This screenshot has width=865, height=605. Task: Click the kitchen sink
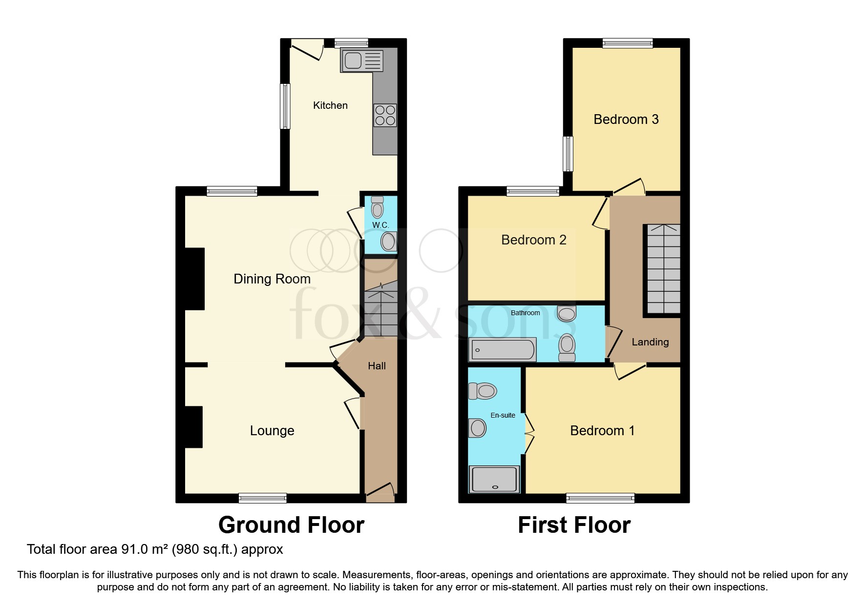(362, 61)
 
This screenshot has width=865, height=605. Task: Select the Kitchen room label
(330, 105)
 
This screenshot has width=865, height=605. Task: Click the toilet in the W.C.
(377, 208)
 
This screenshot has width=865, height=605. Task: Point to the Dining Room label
(272, 279)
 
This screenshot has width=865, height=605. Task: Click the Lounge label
(272, 431)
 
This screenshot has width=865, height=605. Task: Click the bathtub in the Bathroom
(503, 350)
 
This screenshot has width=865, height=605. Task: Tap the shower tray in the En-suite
(494, 479)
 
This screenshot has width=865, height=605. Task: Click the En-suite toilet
(483, 391)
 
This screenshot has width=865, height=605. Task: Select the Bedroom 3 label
(626, 120)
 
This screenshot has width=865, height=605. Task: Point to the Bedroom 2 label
(533, 240)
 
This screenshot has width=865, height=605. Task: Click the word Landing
(650, 342)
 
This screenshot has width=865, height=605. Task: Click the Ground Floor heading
(291, 525)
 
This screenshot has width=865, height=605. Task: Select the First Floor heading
(574, 525)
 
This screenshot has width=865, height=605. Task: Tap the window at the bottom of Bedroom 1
(600, 498)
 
